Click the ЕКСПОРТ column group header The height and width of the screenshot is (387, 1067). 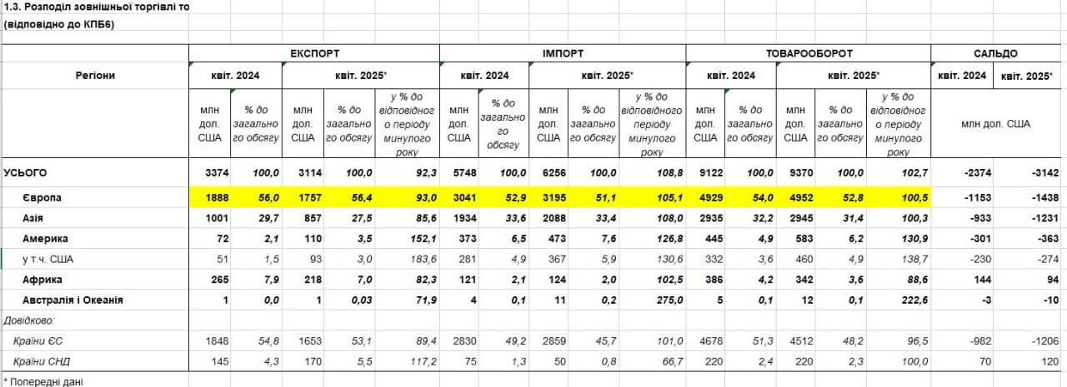tap(314, 53)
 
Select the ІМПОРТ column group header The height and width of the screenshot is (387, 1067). tap(563, 53)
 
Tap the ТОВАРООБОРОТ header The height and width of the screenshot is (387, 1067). tap(808, 53)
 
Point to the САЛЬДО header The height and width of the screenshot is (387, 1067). tap(995, 53)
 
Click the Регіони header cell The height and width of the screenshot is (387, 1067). tap(95, 76)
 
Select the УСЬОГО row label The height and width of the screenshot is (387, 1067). tap(26, 172)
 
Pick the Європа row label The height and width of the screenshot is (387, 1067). tap(43, 198)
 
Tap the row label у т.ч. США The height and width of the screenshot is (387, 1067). tap(51, 260)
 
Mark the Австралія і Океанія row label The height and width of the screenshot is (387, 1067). tap(73, 300)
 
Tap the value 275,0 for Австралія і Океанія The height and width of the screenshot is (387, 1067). tap(669, 300)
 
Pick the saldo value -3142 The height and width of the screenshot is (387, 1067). tap(1043, 172)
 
